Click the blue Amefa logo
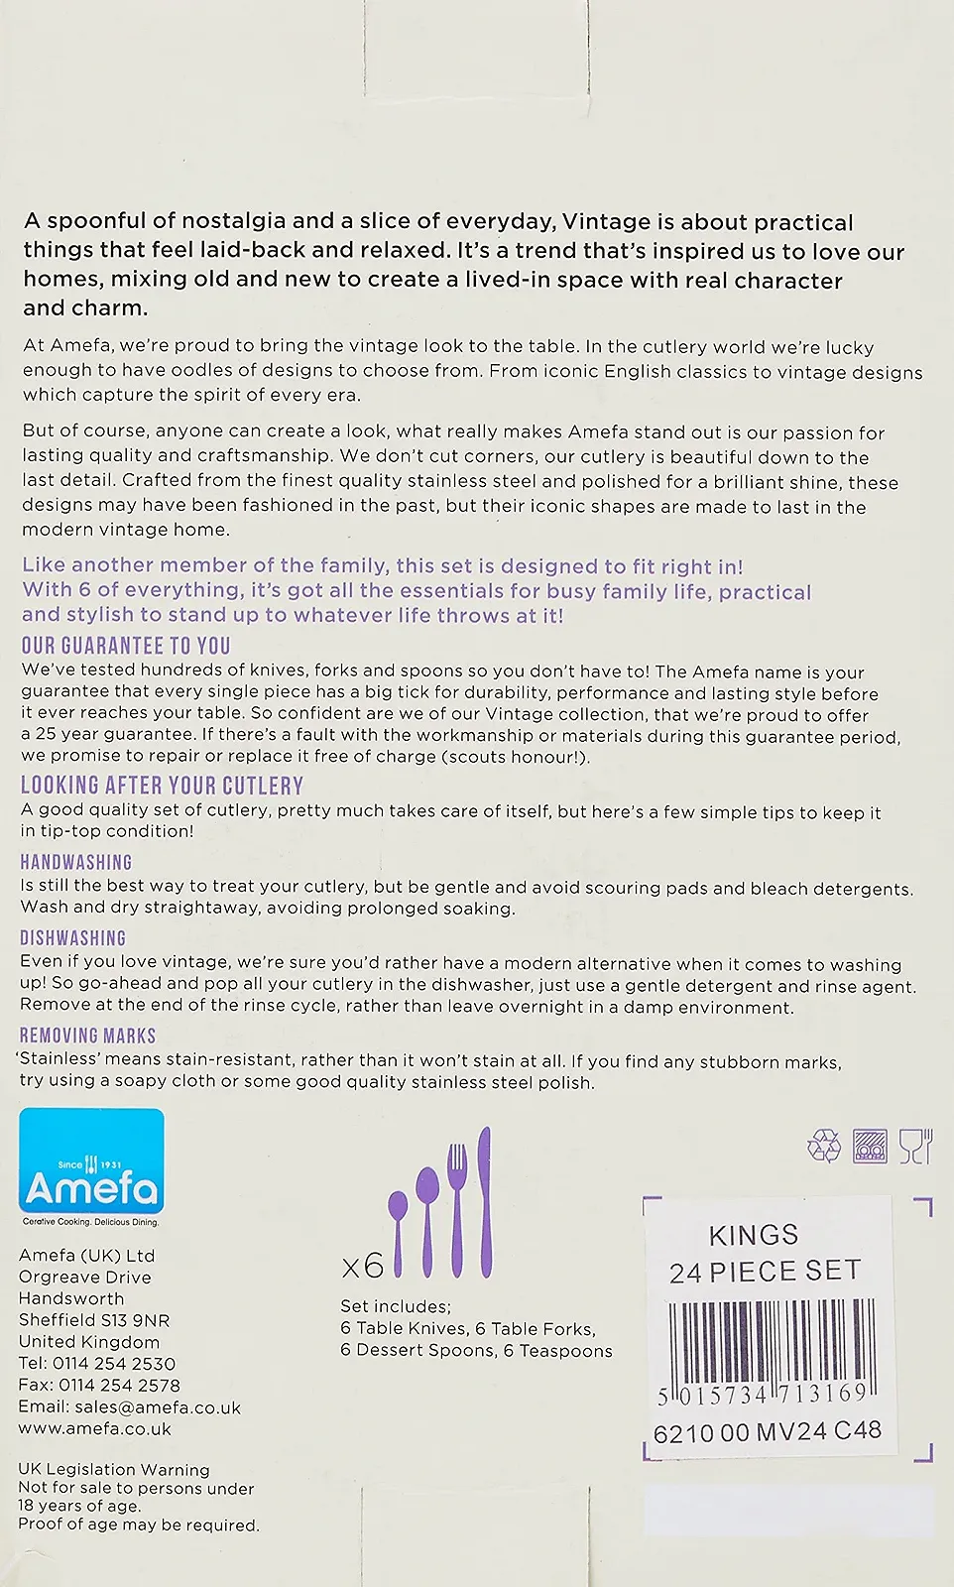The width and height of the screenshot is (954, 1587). [91, 1167]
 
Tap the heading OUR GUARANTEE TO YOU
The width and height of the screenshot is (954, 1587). [126, 647]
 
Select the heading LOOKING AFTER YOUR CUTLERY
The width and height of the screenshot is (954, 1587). [162, 787]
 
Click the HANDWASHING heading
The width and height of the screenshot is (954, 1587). [76, 863]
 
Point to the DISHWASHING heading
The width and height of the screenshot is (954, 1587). [73, 938]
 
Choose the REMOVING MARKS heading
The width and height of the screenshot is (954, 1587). [88, 1037]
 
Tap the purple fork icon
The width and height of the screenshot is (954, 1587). [457, 1210]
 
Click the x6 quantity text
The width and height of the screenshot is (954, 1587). [362, 1267]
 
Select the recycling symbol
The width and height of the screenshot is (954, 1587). [824, 1147]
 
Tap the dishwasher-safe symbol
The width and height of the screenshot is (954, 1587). [870, 1146]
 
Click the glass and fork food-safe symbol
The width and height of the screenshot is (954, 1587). [915, 1146]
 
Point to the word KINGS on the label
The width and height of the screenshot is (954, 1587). [754, 1236]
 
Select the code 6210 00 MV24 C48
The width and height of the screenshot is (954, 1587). [767, 1431]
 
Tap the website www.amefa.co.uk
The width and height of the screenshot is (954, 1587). [94, 1429]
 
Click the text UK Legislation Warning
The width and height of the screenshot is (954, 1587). [114, 1470]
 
